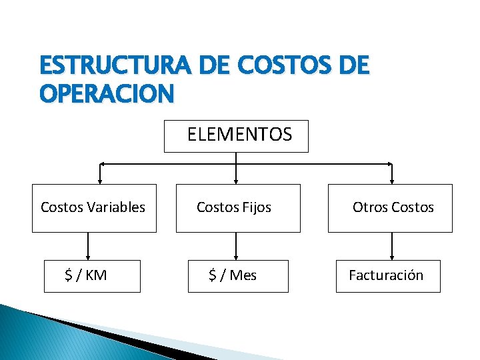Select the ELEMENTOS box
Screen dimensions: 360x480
click(x=236, y=136)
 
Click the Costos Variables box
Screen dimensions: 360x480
click(x=94, y=208)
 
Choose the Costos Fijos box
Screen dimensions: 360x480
click(x=238, y=208)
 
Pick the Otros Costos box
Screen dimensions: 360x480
click(x=390, y=208)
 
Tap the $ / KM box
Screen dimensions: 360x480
click(x=92, y=276)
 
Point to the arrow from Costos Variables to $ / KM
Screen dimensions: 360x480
click(x=87, y=246)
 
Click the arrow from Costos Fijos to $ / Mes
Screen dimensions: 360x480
click(x=236, y=246)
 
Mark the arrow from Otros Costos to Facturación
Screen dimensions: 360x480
click(x=391, y=246)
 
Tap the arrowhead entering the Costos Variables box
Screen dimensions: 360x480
click(x=100, y=179)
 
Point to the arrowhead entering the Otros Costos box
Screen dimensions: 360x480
click(x=391, y=179)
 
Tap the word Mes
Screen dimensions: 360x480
click(x=243, y=275)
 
